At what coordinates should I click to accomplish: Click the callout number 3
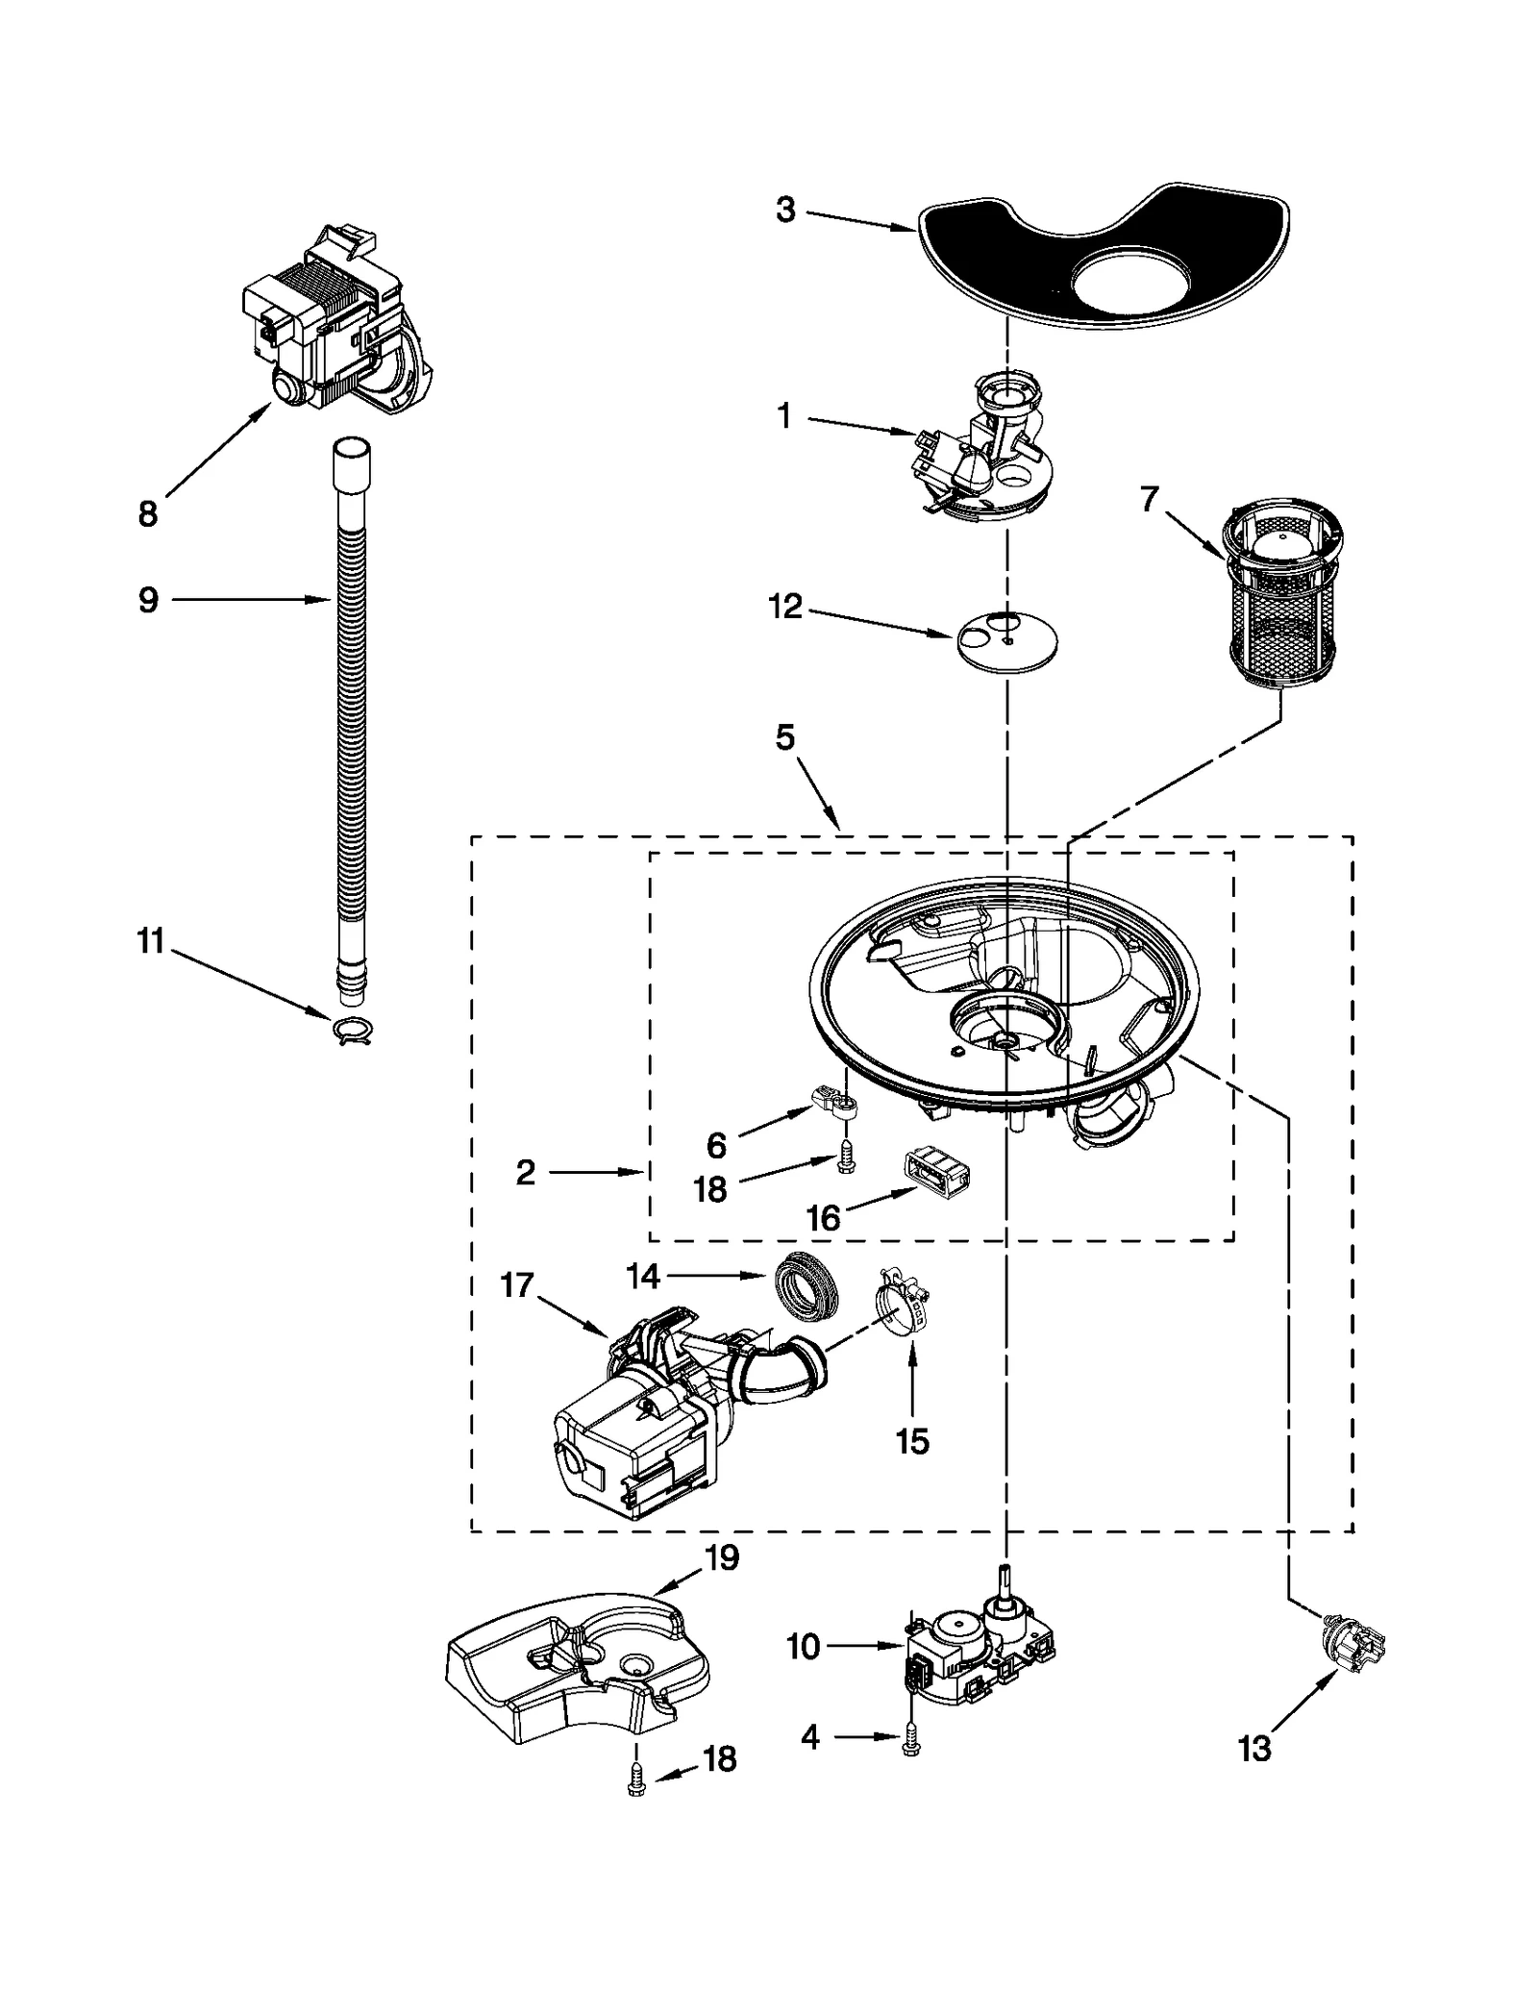[x=785, y=210]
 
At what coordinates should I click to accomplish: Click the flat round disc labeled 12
[x=1006, y=640]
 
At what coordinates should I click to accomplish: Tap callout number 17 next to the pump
[x=517, y=1284]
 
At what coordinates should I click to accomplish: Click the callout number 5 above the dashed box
[x=785, y=738]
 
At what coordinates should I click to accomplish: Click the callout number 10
[x=804, y=1647]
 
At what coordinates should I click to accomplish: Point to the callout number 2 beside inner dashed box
[x=525, y=1172]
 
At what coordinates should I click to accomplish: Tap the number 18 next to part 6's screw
[x=710, y=1189]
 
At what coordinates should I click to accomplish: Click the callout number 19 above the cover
[x=722, y=1558]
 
